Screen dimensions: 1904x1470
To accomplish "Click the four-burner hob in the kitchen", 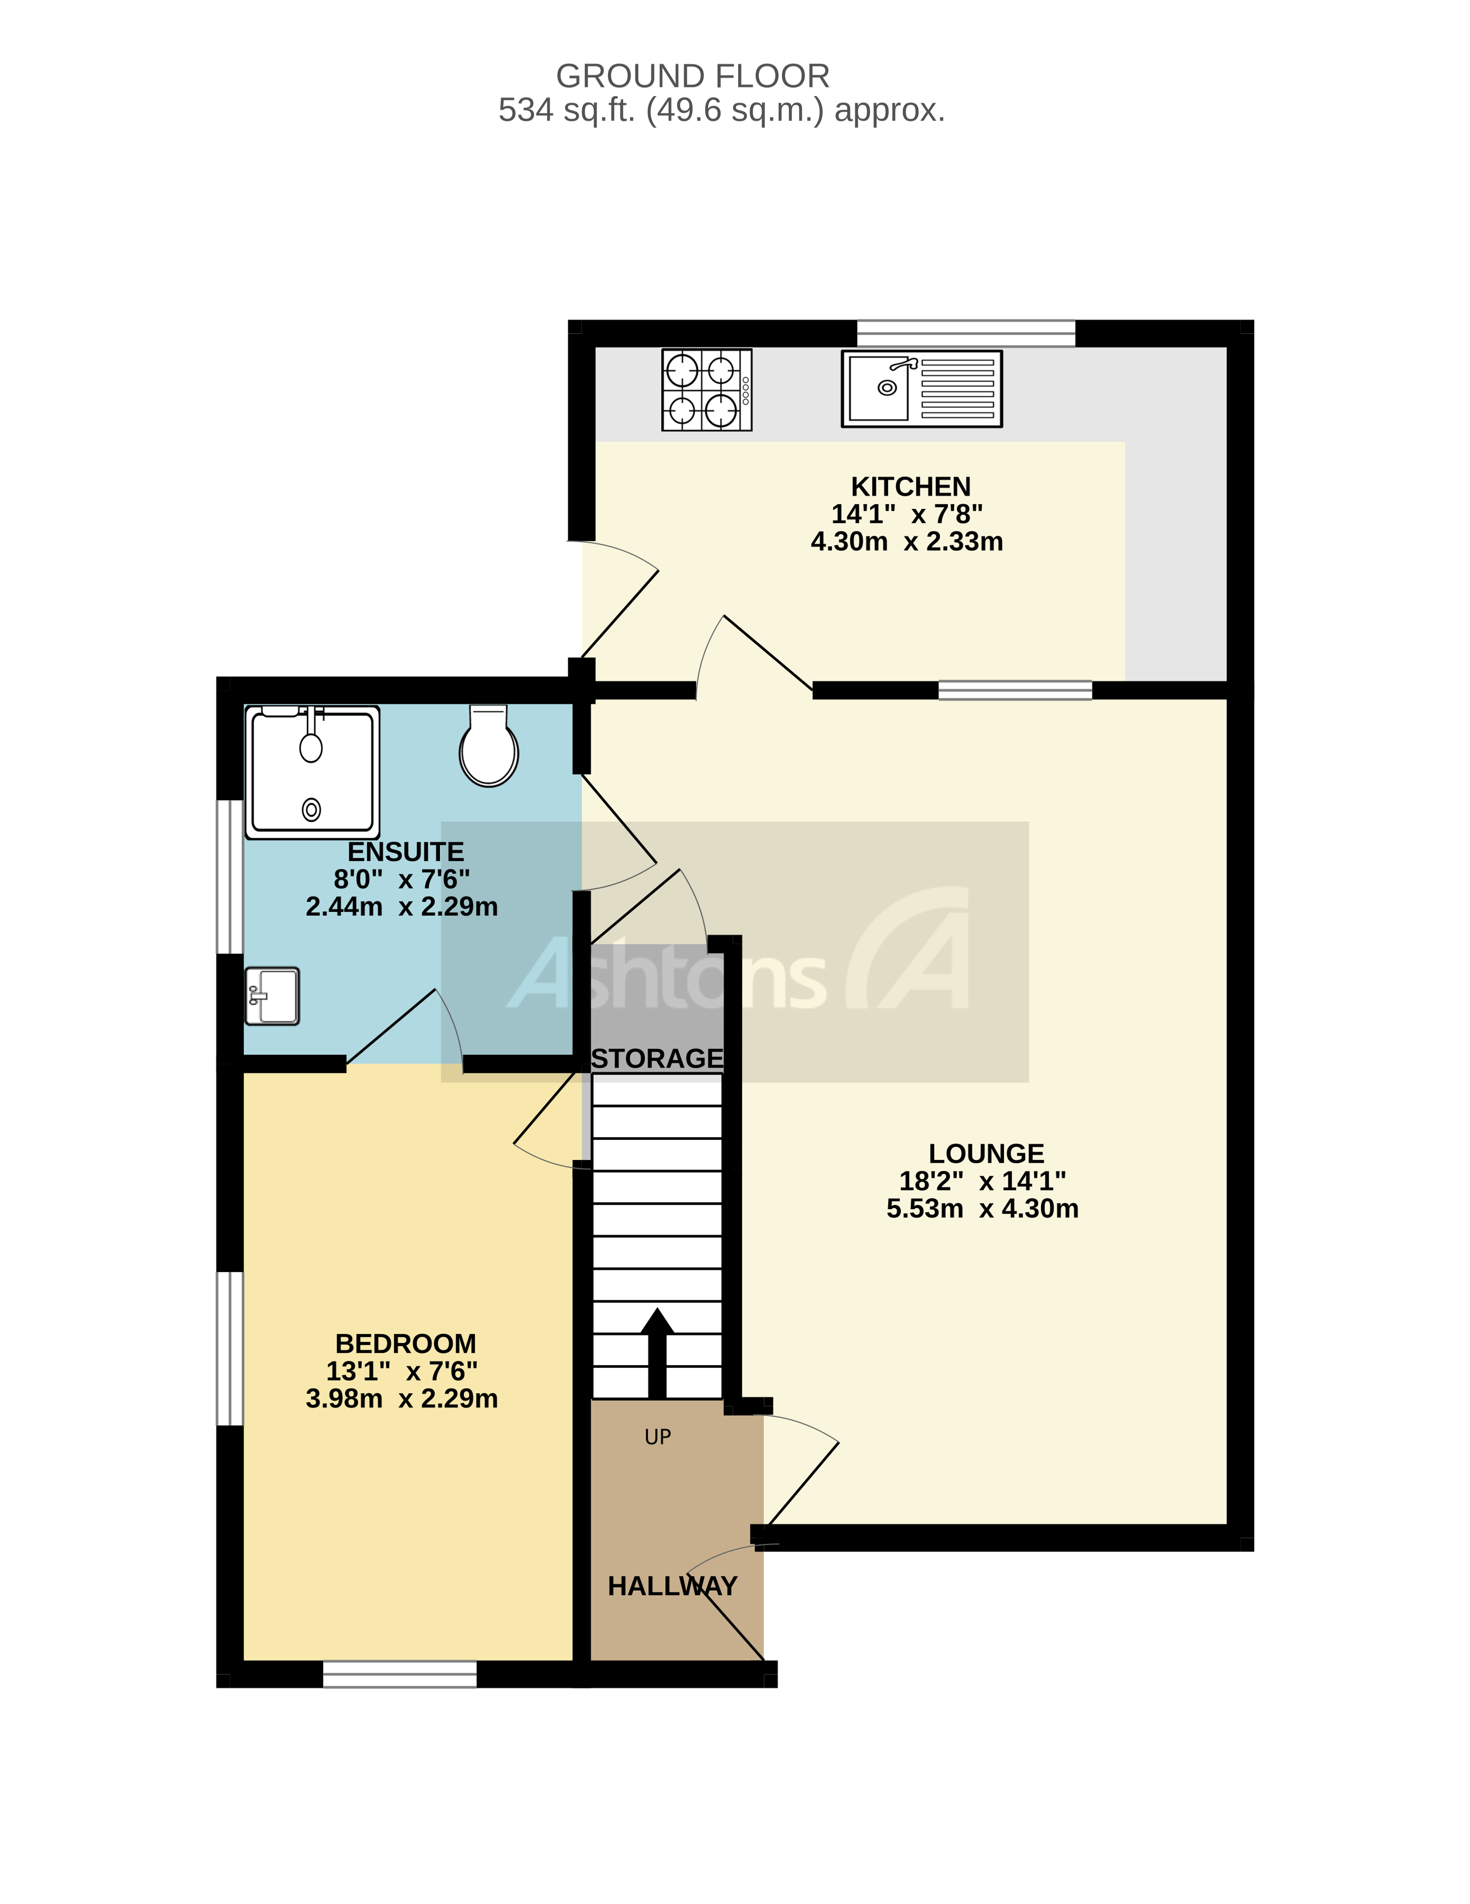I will coord(706,390).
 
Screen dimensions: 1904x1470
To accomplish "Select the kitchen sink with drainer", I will coord(922,389).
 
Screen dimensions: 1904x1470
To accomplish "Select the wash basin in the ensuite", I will coord(272,996).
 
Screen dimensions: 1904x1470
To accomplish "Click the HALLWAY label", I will coord(672,1586).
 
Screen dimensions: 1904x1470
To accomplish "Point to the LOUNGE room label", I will coord(986,1154).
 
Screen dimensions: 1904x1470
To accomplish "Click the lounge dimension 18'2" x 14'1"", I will coord(983,1181).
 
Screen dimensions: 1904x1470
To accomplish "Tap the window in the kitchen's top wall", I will coord(966,333).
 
